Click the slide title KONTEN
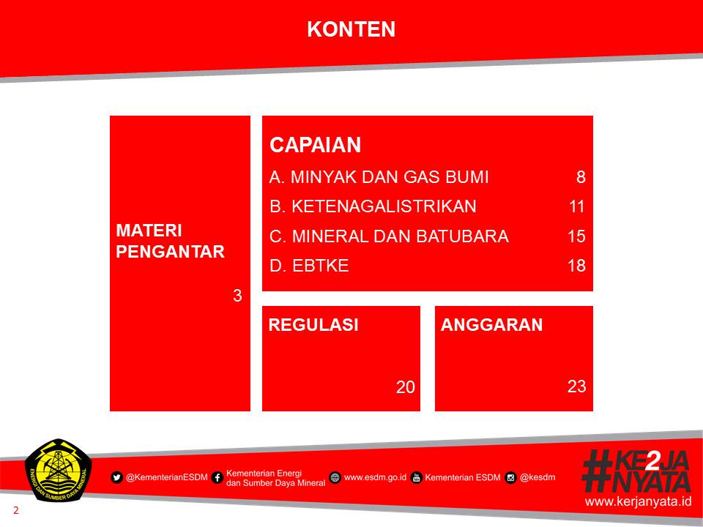[351, 29]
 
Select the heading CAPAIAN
[315, 145]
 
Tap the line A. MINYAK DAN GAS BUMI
[379, 177]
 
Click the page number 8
[581, 177]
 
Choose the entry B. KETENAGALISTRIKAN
[373, 206]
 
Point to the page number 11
[577, 206]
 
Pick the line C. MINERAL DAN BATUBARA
[389, 236]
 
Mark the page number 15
[576, 236]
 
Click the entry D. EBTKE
[309, 266]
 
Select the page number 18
[576, 266]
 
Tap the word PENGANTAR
[171, 251]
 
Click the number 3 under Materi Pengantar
[237, 295]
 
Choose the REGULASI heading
[313, 325]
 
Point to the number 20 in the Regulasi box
[405, 387]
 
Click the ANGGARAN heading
[492, 325]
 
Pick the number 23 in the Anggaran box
[576, 386]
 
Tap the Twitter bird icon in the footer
[116, 478]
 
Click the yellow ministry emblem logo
[59, 470]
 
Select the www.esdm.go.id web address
[375, 477]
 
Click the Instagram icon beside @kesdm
[510, 478]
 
